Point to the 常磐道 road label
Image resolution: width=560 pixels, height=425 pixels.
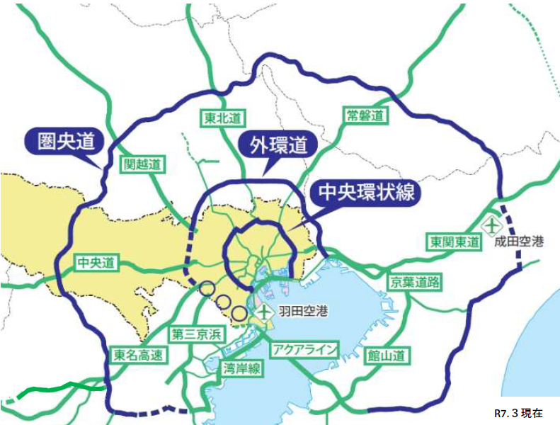tap(365, 115)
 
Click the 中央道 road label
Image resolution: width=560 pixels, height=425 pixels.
tap(96, 263)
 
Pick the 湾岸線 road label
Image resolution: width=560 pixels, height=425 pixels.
tap(241, 367)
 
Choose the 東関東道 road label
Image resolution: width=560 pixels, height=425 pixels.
tap(453, 242)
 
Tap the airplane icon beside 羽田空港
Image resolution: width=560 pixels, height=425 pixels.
tap(265, 311)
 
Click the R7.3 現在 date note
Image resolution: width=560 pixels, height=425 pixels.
tap(520, 413)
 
